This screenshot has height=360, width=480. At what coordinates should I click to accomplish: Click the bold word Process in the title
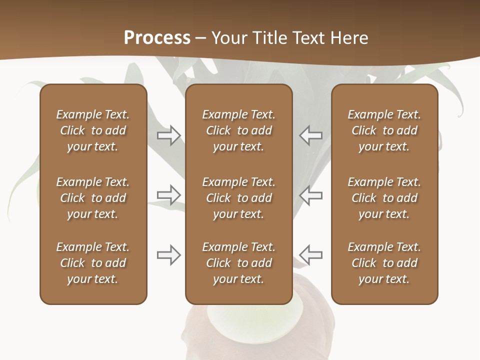157,38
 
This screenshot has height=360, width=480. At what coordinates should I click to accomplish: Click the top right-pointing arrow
169,135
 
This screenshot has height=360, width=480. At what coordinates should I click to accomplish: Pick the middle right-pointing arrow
169,194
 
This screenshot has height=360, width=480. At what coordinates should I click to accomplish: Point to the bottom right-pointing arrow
169,255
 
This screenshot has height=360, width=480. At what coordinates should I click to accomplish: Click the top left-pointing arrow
311,135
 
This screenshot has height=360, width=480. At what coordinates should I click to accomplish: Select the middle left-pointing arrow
311,194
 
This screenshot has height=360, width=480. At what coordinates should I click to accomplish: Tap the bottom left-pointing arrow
311,255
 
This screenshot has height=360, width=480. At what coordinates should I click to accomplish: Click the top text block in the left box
93,130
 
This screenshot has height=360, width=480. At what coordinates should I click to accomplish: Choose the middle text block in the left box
93,198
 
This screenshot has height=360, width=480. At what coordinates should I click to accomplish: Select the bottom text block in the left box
93,263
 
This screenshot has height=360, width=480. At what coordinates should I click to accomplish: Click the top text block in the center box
238,130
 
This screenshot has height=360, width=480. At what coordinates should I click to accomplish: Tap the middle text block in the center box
238,198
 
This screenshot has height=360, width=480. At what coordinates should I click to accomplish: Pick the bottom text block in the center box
238,263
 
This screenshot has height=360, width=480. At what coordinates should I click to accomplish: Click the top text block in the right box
384,130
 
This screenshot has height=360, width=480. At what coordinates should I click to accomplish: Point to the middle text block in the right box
384,198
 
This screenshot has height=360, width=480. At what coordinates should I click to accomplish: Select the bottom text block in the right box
384,263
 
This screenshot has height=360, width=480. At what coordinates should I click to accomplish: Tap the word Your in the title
229,38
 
